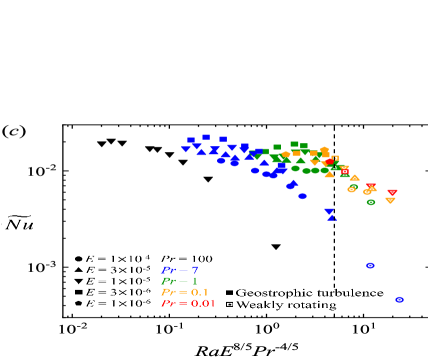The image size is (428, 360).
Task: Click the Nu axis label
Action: click(19, 222)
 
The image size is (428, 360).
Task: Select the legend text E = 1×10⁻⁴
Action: click(113, 259)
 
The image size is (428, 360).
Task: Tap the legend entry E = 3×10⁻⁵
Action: click(113, 270)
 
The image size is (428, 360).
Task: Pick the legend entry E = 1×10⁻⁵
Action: click(113, 281)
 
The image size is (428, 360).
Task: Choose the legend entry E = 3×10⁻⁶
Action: click(113, 292)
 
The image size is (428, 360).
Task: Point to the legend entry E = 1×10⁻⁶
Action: click(113, 303)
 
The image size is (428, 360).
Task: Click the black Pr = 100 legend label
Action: click(187, 259)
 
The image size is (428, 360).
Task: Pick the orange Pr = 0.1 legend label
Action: click(185, 292)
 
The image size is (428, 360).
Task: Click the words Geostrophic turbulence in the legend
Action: click(308, 292)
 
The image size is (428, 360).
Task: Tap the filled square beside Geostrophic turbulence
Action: click(229, 292)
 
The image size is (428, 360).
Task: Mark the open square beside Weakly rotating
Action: click(229, 303)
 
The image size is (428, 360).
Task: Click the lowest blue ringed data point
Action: click(399, 299)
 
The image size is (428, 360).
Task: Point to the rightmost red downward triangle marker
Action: click(392, 192)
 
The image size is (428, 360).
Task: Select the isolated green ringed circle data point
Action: click(371, 202)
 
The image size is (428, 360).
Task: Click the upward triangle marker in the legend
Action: click(78, 270)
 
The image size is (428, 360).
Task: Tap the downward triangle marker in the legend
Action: click(78, 281)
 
